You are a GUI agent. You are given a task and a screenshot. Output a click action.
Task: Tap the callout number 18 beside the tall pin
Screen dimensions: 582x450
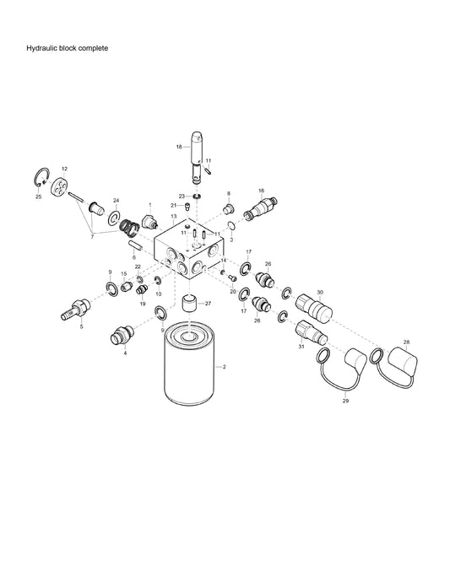(x=179, y=147)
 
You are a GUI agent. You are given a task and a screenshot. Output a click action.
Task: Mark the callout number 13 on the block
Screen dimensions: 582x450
(x=172, y=217)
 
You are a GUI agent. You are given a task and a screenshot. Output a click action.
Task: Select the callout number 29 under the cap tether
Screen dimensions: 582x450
(x=345, y=401)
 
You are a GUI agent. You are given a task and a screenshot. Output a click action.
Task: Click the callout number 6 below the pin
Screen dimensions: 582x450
(x=133, y=256)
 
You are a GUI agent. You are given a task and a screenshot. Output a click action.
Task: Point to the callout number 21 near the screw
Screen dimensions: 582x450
(x=173, y=205)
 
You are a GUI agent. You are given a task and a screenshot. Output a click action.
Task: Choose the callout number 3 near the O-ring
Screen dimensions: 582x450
(x=232, y=240)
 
